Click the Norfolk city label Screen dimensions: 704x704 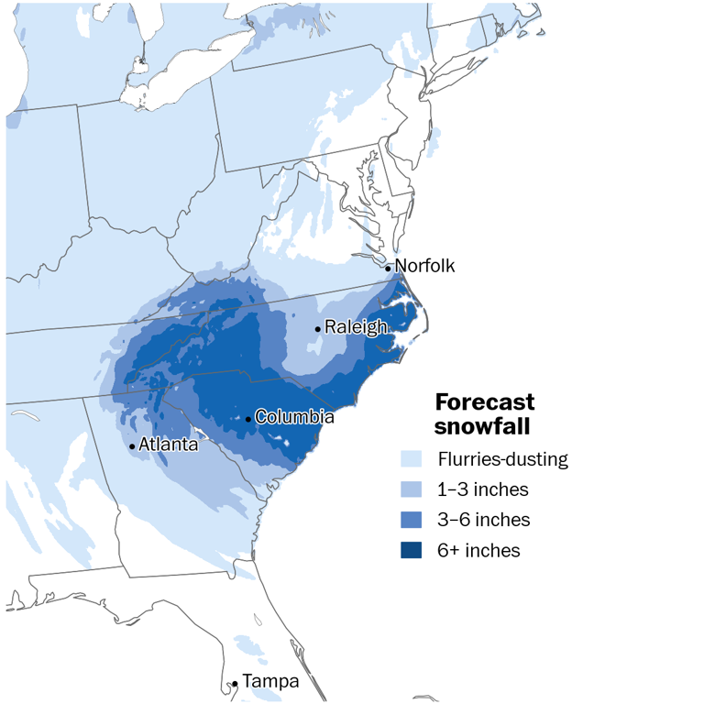coord(424,266)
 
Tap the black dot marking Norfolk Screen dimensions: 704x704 coord(389,269)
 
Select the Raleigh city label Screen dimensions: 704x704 coord(355,326)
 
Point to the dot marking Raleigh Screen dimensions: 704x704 coord(318,329)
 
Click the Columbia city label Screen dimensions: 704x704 coord(293,417)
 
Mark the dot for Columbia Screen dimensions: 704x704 coord(248,420)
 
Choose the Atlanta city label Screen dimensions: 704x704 coord(168,445)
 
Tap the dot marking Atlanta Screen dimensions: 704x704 coord(133,447)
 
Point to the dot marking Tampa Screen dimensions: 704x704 coord(236,684)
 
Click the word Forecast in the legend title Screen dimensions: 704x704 coord(484,402)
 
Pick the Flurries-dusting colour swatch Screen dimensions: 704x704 coord(412,459)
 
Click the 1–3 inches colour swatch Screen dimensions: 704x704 coord(412,489)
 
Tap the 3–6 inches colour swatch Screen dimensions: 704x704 coord(412,520)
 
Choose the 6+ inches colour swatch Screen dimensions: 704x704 coord(412,550)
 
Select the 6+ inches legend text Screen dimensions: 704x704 coord(479,550)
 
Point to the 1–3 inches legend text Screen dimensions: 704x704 coord(483,489)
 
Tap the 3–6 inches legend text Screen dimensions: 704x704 coord(483,520)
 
